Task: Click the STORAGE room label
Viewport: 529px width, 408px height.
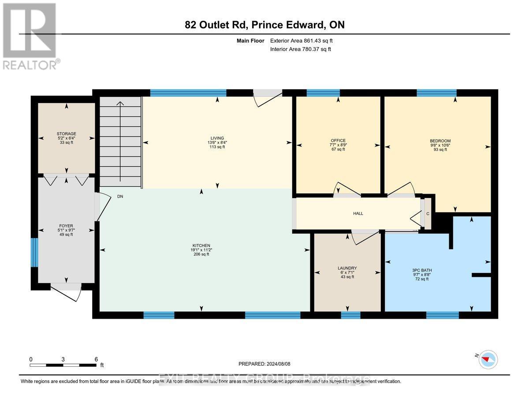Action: (x=66, y=134)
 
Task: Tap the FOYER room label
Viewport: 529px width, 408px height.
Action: (x=66, y=226)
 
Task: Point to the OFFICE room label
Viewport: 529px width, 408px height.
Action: (x=338, y=140)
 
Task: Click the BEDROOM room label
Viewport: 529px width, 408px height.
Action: (x=440, y=141)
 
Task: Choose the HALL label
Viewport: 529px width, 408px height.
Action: (x=358, y=213)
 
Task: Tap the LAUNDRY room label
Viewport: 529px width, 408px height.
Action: (x=347, y=268)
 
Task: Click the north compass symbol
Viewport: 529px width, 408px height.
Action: (x=488, y=359)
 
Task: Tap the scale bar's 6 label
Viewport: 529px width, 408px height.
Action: (x=96, y=359)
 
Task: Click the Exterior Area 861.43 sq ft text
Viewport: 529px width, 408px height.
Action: (x=301, y=41)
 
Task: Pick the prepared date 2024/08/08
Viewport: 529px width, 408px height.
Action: (x=266, y=364)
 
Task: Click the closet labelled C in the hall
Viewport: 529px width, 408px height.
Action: (x=427, y=214)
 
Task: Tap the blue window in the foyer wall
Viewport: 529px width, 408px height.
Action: (x=34, y=252)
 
